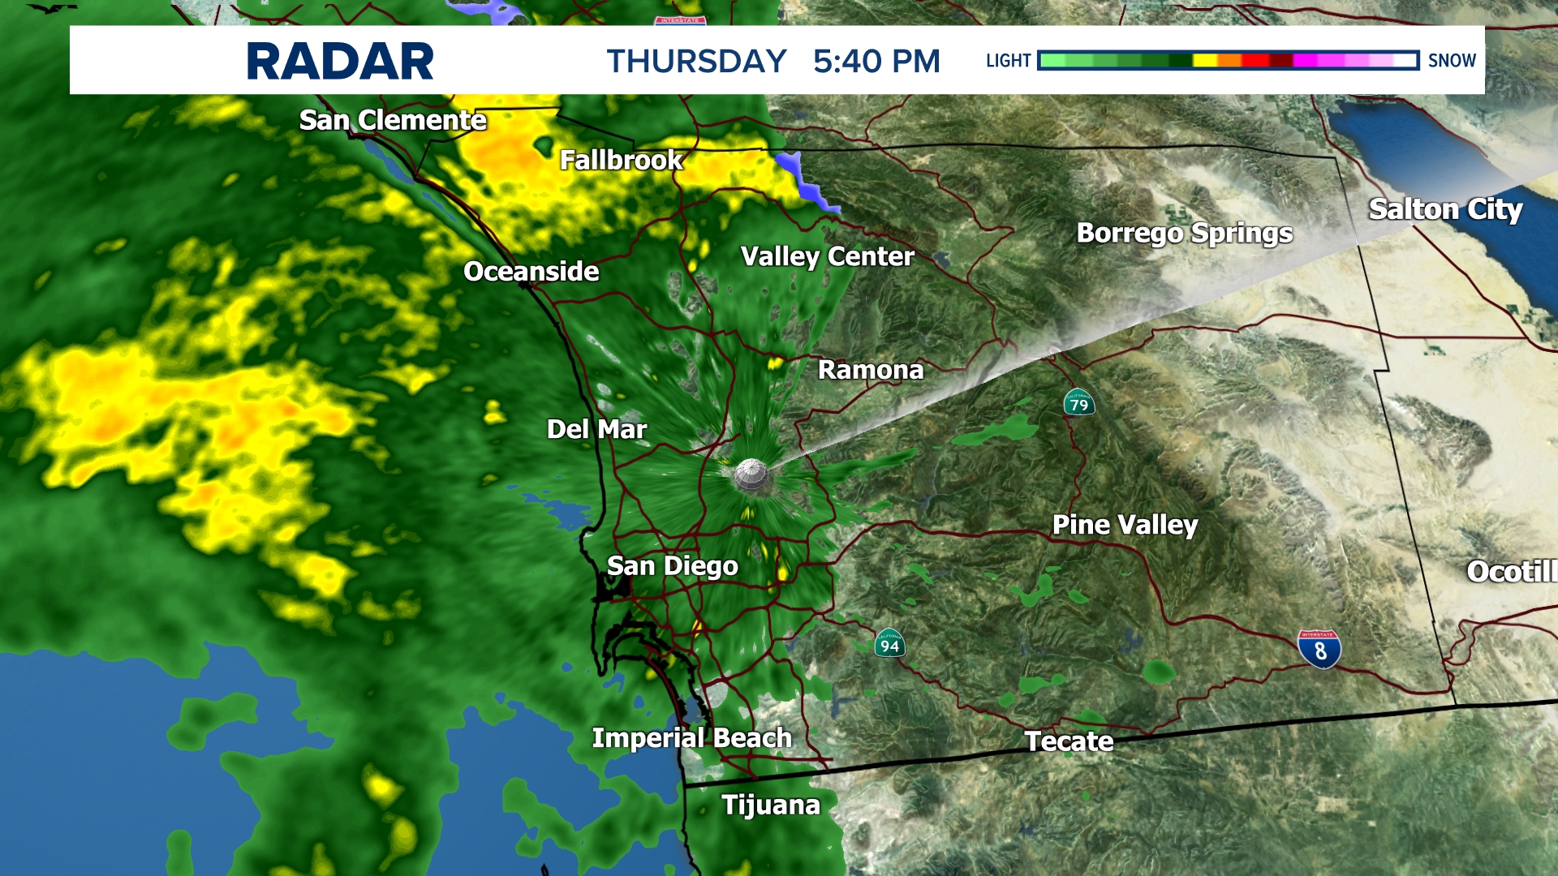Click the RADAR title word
(340, 62)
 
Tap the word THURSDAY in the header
(696, 62)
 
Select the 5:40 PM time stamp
(876, 62)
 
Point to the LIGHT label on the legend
(1008, 61)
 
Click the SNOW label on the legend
(1452, 61)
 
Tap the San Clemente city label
(393, 120)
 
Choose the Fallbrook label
(622, 160)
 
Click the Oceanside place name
(531, 271)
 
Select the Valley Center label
(827, 256)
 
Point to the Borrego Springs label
(1184, 233)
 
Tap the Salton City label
(1445, 209)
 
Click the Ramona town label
(871, 370)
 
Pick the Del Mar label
(596, 429)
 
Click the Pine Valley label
(1125, 525)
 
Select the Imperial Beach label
(691, 738)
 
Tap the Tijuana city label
(771, 805)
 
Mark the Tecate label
(1069, 741)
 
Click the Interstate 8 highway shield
(1319, 650)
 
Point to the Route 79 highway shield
(1079, 402)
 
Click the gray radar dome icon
(751, 475)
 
